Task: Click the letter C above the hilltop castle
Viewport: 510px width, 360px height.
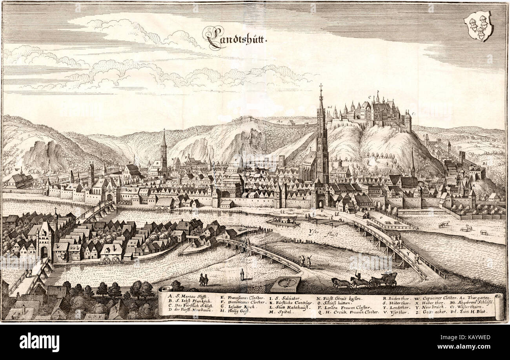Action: point(370,97)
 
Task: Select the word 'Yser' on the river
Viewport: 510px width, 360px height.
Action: point(314,231)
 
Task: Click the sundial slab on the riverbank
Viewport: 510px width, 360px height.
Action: point(286,283)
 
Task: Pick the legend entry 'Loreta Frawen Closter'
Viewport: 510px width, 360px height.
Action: point(341,305)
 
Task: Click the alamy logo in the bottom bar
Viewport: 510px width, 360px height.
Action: point(39,342)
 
